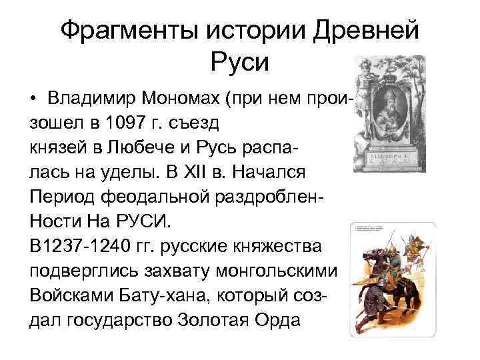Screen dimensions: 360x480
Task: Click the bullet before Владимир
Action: click(x=33, y=99)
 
